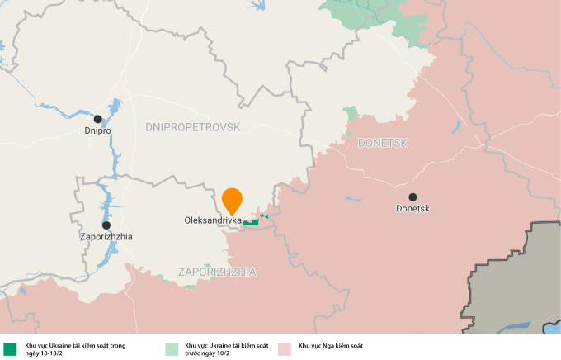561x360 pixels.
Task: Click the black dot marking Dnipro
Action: (97, 119)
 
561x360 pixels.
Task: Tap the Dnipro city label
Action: (97, 130)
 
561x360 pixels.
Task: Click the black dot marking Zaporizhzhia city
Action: (106, 225)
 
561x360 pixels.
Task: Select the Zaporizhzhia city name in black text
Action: (106, 237)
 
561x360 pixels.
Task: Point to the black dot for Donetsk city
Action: (412, 197)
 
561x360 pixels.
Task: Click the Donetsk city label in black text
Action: (412, 209)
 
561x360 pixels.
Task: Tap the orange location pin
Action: (233, 200)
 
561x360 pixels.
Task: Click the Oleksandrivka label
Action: (213, 221)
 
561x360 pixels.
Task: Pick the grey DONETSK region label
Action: (383, 143)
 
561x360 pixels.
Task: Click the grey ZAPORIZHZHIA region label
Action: (217, 272)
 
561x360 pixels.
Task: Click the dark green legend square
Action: (10, 348)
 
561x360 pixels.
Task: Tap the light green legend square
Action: (171, 348)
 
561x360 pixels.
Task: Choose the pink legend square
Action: (285, 348)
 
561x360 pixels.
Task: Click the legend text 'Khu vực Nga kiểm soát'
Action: (331, 346)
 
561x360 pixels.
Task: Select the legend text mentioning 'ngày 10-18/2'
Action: (75, 349)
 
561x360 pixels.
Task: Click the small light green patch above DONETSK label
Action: (351, 113)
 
